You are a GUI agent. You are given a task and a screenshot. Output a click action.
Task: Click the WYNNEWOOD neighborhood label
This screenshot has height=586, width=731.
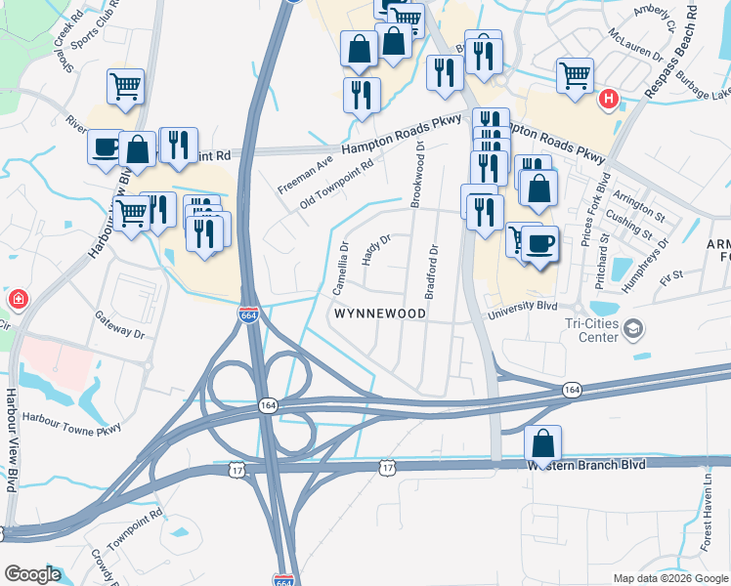380,314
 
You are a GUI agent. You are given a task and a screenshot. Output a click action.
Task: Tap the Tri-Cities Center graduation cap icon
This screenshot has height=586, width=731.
635,328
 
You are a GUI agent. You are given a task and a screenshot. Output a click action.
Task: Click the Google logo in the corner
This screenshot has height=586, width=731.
33,574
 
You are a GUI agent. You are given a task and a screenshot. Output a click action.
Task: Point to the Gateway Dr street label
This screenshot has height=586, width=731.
119,324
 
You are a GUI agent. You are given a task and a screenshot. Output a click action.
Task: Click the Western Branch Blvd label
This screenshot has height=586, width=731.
586,465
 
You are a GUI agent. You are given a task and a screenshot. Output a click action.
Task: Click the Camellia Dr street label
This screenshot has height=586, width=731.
344,267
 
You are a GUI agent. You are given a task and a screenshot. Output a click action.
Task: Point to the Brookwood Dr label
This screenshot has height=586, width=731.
417,174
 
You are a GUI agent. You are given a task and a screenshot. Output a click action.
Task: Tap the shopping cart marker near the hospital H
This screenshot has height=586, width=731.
576,74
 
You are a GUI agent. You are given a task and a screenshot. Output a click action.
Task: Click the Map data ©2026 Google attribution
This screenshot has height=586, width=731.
669,578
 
